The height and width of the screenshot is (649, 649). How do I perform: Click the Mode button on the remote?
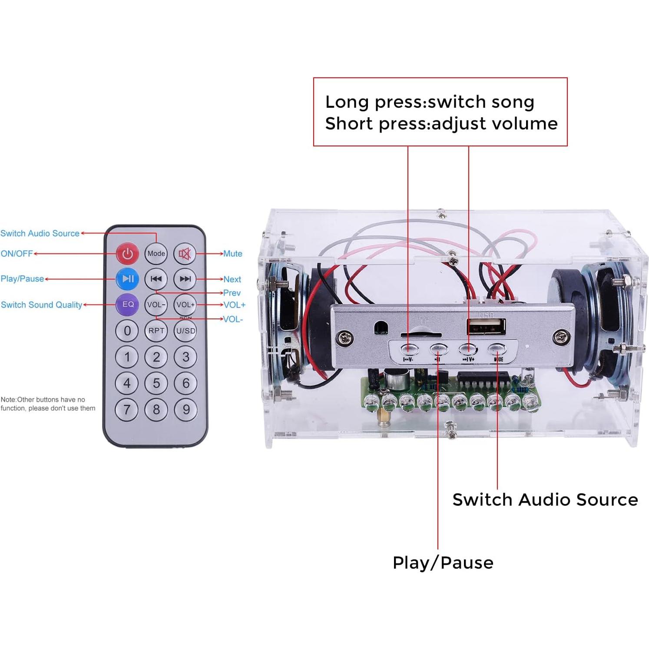tap(156, 253)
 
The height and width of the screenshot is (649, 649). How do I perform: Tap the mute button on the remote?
tap(185, 253)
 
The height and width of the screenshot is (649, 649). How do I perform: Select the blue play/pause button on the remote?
tap(128, 279)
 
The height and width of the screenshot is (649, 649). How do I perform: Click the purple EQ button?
tap(128, 305)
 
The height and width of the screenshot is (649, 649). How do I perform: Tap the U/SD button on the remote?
tap(185, 331)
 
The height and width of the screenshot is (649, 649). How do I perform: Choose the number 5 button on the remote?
tap(156, 383)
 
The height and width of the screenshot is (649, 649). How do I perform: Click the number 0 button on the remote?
tap(127, 331)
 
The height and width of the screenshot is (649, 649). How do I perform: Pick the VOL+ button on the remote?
tap(185, 305)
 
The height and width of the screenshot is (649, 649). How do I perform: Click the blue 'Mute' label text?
tap(233, 254)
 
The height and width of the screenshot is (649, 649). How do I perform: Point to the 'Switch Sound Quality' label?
tap(41, 305)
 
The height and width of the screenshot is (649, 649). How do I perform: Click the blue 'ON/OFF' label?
tap(17, 254)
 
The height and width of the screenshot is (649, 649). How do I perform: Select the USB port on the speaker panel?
tap(486, 327)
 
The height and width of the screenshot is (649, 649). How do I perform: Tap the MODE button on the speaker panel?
tap(497, 349)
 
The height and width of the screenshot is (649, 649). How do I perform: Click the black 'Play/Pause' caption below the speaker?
tap(443, 563)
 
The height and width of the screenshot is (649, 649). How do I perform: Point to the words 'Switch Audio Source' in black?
tap(545, 500)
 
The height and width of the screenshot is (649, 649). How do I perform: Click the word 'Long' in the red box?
tap(347, 102)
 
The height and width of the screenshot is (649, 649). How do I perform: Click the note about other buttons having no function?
tap(48, 404)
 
